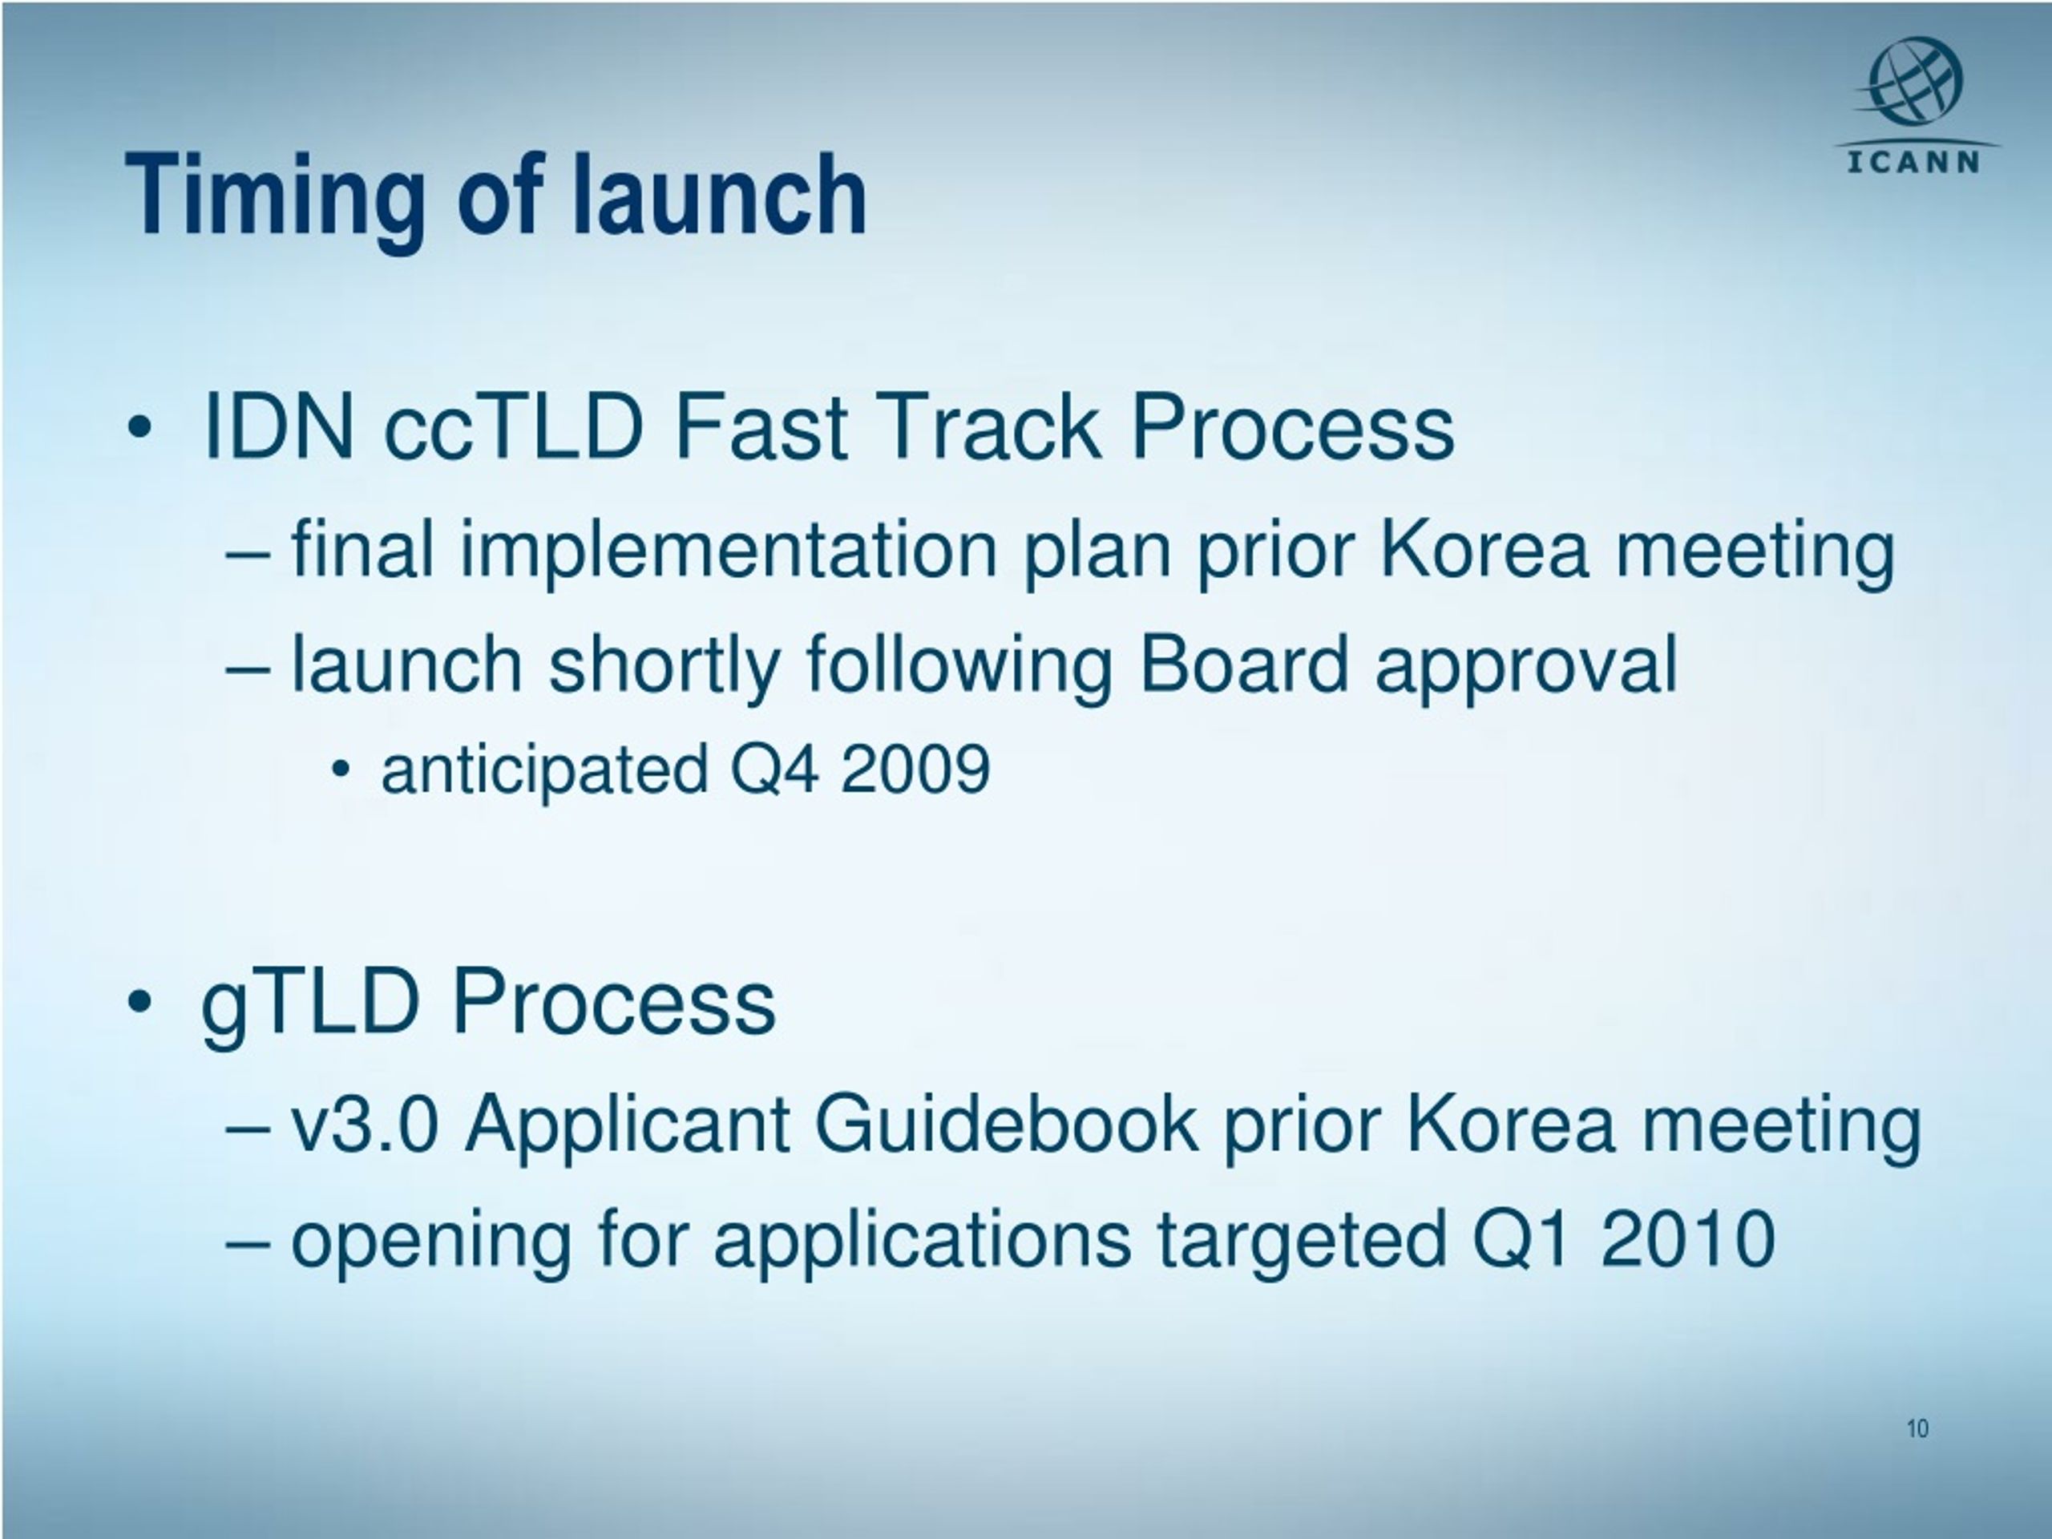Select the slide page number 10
(x=1917, y=1428)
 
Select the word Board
(x=1243, y=664)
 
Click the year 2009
(x=915, y=769)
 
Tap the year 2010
(x=1687, y=1239)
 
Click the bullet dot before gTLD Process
(x=139, y=1002)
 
